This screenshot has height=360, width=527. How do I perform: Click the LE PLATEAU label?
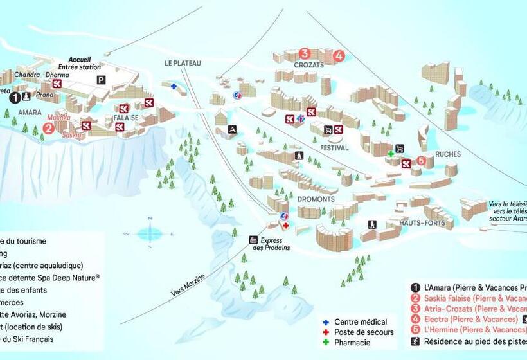tap(183, 63)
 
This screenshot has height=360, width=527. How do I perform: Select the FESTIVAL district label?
tap(334, 148)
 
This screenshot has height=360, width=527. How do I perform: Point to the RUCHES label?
tap(447, 154)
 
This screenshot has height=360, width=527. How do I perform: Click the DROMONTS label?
tap(316, 199)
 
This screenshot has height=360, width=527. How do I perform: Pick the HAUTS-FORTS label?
tap(422, 222)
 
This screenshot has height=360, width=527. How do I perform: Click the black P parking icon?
tap(100, 80)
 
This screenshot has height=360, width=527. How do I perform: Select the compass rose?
tap(149, 233)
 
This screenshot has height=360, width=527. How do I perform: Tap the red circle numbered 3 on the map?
tap(305, 54)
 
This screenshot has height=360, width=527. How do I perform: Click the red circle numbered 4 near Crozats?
tap(339, 56)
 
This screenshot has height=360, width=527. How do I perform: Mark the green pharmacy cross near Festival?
tap(390, 154)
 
